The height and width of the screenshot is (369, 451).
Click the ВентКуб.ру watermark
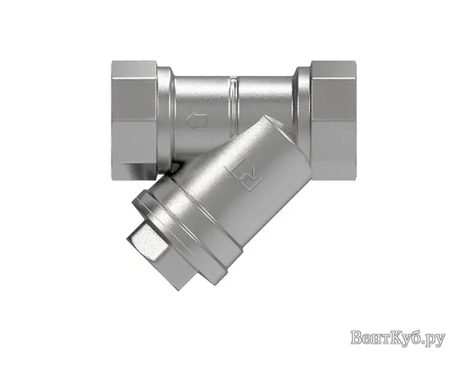click(x=397, y=337)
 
